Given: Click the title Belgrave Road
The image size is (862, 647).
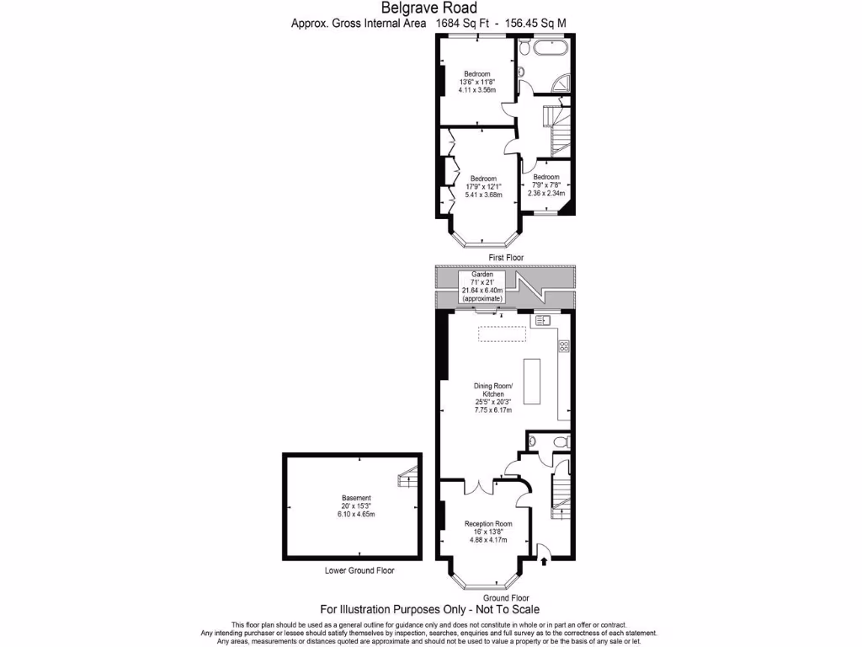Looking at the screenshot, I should coord(430,8).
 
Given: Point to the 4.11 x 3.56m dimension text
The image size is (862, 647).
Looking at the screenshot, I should coord(477,89).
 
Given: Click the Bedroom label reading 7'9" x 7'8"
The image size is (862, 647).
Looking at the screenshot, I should coord(546,177).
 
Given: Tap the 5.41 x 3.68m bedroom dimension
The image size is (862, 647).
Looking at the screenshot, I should coord(483,195).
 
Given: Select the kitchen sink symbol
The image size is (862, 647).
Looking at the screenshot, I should coord(542,321).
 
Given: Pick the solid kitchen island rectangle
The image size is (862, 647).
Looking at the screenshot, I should coord(532,384).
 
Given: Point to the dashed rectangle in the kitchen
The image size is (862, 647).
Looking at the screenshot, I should coord(502,334).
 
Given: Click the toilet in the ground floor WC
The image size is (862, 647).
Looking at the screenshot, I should coord(562,442).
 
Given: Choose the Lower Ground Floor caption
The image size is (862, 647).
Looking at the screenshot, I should coord(359,570).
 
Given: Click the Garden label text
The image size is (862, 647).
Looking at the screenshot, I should coord(482,275).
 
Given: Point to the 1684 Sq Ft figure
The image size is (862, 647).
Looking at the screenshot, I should coord(461,24).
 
